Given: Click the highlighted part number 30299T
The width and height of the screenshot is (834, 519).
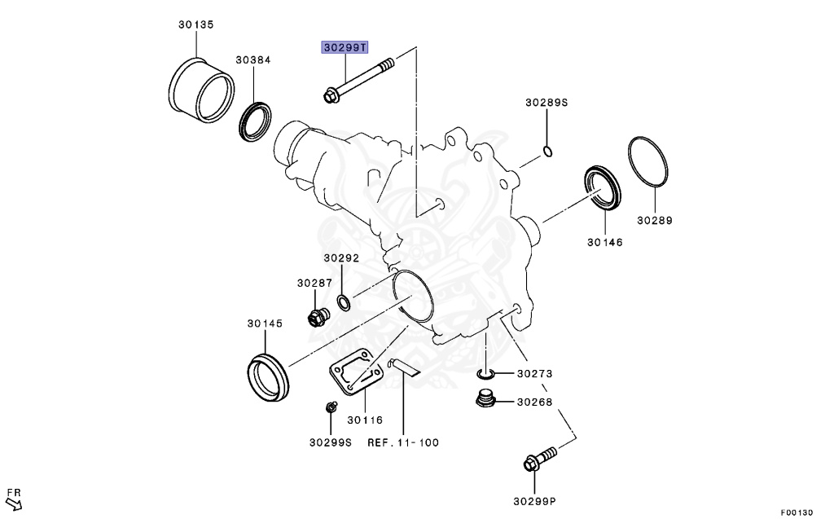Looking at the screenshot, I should (345, 47).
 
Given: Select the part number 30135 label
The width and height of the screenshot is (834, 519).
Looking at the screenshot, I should (196, 24).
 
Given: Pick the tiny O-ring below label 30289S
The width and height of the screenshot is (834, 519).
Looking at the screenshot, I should (548, 151).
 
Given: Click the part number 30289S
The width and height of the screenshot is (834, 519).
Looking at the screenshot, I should (546, 103).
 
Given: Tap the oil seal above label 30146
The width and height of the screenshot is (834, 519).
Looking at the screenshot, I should (604, 188).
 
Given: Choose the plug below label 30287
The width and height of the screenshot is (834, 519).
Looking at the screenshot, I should (316, 315).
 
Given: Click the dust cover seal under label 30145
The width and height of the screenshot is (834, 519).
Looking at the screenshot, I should (267, 376).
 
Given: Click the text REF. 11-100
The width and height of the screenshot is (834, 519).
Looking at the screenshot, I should (403, 442).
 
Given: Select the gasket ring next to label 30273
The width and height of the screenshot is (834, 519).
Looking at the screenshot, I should (485, 374).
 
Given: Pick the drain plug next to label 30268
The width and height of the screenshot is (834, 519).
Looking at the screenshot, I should (485, 400).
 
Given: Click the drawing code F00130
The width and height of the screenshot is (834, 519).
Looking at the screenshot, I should (797, 512).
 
